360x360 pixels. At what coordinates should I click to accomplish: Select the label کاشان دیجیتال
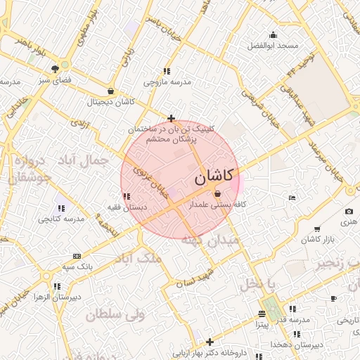pos(110,102)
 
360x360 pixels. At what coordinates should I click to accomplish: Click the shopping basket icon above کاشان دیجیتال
pos(110,91)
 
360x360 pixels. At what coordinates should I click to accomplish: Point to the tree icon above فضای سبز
pos(55,68)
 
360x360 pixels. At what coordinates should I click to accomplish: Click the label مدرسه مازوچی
pos(167,82)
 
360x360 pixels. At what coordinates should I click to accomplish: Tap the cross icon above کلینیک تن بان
pos(171,118)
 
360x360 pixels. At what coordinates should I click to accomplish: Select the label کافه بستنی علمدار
pos(217,205)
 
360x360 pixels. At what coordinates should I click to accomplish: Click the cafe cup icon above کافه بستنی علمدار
pos(217,194)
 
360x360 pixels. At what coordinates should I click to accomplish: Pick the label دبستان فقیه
pos(126,207)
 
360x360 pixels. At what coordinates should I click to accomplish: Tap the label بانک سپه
pos(77,267)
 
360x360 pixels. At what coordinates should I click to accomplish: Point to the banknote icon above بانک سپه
pos(77,256)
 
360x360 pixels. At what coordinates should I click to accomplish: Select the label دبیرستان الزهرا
pos(57,297)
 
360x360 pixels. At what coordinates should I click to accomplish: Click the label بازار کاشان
pos(317,240)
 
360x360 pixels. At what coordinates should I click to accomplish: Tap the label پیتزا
pos(261,326)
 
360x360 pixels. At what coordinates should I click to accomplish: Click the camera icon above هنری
pos(349,211)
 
